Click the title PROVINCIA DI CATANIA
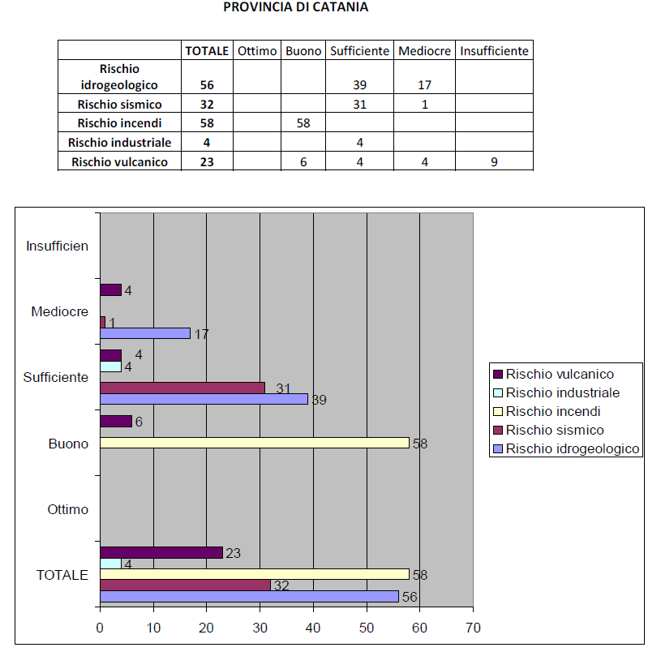coord(295,8)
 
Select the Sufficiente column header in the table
coord(359,50)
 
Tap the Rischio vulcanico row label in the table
coord(120,162)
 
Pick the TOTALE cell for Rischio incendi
coord(207,123)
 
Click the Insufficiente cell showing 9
coord(494,162)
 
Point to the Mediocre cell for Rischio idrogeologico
coord(424,84)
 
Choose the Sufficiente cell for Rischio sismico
coord(359,104)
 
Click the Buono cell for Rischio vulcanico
coord(303,162)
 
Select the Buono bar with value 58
coord(254,444)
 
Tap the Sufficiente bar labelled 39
coord(204,399)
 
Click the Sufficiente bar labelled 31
coord(182,388)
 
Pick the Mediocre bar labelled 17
coord(145,332)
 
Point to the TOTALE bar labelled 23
coord(161,552)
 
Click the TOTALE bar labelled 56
coord(249,596)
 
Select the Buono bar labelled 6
coord(115,422)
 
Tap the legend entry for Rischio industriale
coord(562,392)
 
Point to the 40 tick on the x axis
coord(312,628)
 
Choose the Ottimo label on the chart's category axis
coord(68,510)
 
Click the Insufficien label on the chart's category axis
coord(57,245)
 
